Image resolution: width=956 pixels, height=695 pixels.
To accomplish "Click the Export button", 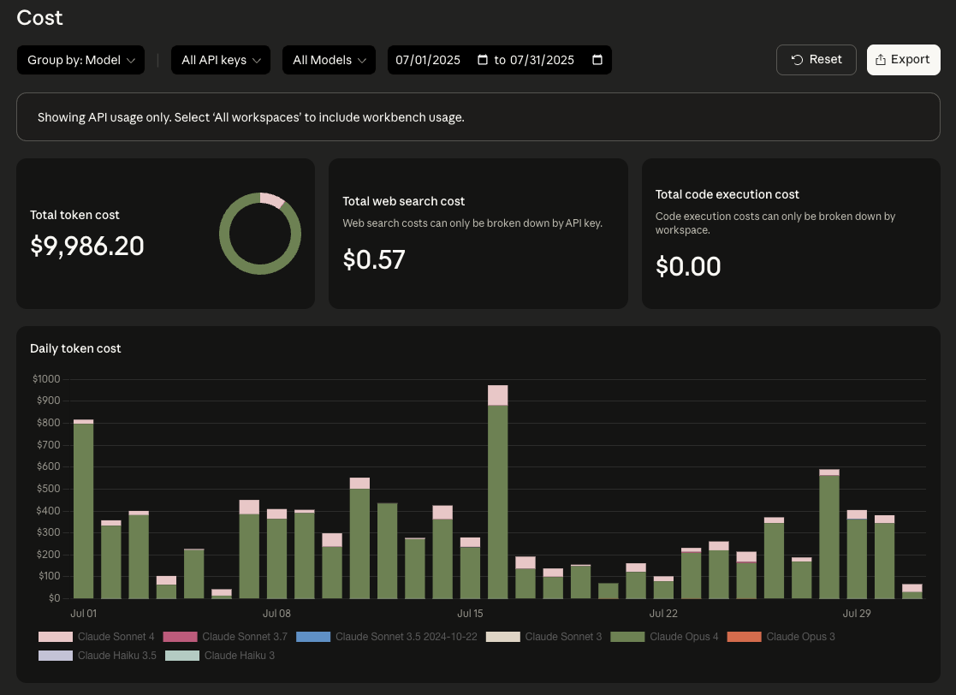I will [903, 60].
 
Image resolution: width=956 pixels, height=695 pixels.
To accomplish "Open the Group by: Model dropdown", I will [80, 60].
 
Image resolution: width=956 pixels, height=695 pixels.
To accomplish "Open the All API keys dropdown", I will [221, 60].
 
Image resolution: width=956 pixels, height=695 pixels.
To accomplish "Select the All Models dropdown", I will [329, 60].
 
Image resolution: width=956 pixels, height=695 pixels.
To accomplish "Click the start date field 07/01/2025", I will [429, 60].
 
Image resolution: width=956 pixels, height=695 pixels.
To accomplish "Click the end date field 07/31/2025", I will [543, 60].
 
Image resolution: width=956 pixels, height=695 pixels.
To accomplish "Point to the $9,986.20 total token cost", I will [87, 247].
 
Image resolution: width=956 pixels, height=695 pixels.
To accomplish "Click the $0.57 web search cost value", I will [374, 259].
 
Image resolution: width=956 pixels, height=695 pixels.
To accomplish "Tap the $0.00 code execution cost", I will [688, 266].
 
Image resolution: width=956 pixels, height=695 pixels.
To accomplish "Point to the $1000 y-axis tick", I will [46, 379].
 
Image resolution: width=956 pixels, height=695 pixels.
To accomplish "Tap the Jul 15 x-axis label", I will [471, 614].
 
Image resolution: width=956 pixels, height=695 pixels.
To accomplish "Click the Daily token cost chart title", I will [75, 348].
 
